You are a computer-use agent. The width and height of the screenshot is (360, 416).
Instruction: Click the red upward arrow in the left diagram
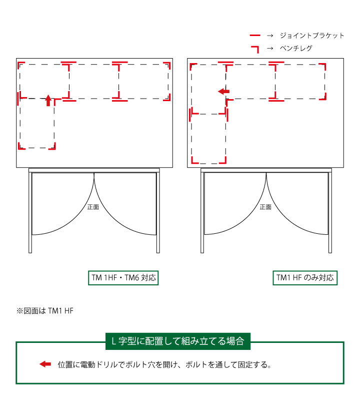click(48, 100)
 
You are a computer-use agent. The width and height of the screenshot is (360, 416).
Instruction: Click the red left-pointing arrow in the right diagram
click(223, 92)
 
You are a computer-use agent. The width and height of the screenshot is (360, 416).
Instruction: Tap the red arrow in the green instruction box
click(45, 364)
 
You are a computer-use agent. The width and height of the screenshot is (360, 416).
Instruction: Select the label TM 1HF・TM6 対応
click(123, 278)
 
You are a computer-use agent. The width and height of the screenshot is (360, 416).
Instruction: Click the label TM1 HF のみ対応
click(305, 278)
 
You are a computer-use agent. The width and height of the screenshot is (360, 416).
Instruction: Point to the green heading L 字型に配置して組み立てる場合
click(177, 341)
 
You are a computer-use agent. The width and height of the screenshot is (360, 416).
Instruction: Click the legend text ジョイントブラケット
click(312, 35)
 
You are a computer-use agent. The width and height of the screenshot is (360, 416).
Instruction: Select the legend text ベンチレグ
click(296, 48)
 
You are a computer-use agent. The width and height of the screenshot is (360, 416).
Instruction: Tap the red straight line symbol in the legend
click(255, 35)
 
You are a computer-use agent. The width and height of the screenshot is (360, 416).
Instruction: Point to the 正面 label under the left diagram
click(93, 207)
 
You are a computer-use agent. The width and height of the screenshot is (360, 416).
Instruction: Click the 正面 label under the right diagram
click(265, 207)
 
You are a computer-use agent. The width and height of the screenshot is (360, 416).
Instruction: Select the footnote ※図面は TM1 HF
click(45, 311)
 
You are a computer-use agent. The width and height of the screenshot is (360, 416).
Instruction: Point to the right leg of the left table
click(158, 213)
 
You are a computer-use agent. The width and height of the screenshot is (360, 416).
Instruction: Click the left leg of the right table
click(202, 213)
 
